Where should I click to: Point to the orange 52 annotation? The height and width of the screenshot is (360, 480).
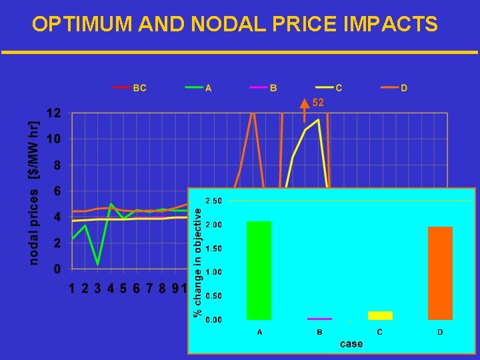click(x=318, y=102)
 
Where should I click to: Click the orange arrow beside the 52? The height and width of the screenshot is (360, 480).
click(x=305, y=109)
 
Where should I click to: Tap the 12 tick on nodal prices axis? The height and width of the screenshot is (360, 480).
click(x=54, y=113)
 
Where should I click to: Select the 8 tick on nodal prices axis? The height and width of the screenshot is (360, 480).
click(x=57, y=165)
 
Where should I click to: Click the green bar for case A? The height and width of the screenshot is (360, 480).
click(x=259, y=270)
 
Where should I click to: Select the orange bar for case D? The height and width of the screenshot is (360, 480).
click(x=440, y=273)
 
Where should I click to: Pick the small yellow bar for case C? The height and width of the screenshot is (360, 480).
click(x=380, y=315)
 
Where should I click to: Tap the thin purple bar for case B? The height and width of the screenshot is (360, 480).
click(x=320, y=319)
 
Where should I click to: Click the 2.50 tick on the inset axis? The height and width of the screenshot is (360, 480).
click(x=214, y=201)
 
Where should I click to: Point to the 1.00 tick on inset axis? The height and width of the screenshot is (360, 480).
click(x=214, y=272)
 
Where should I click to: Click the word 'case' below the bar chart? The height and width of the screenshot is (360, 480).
click(x=351, y=344)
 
